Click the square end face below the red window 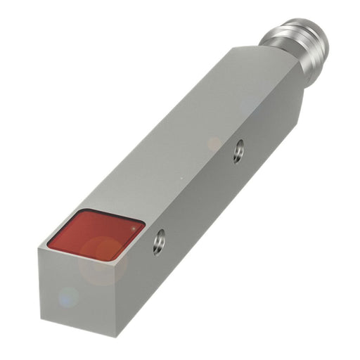(77, 288)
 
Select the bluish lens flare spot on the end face (68, 297)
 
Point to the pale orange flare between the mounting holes (214, 144)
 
